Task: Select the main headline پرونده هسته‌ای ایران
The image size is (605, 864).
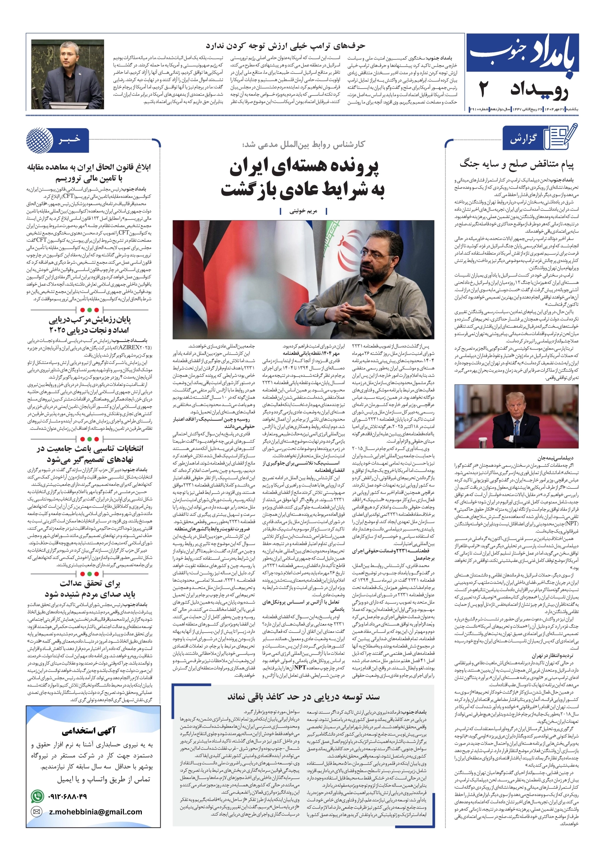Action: pos(304,168)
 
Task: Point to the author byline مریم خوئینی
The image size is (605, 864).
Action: pos(303,211)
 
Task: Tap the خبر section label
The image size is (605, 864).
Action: pos(70,139)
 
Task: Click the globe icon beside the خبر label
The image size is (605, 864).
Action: pos(40,140)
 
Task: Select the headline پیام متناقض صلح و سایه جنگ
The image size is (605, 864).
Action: pos(516,164)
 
